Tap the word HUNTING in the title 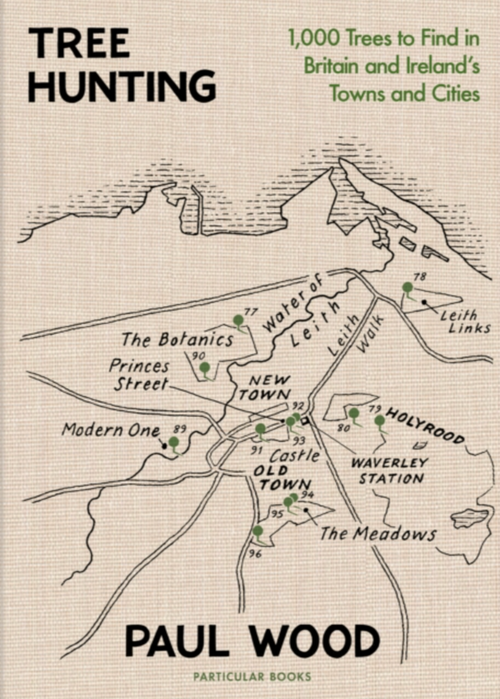(x=122, y=86)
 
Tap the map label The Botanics (x=177, y=340)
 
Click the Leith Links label (x=463, y=321)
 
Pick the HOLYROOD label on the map (x=426, y=426)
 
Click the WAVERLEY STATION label (x=389, y=470)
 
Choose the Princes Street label (x=138, y=375)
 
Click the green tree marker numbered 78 (x=407, y=288)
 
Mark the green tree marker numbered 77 (x=238, y=320)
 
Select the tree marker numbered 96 (x=257, y=531)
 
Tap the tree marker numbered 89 (x=173, y=443)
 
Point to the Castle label (x=294, y=456)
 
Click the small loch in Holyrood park (x=468, y=518)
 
